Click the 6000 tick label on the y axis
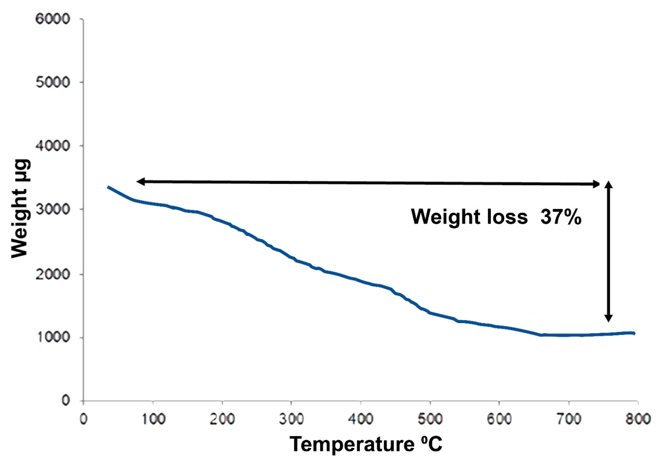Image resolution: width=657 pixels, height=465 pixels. [x=53, y=19]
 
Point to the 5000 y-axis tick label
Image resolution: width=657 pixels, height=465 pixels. [x=53, y=82]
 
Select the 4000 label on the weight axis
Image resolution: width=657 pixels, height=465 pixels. [x=53, y=146]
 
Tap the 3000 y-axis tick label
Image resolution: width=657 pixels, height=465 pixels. [x=53, y=209]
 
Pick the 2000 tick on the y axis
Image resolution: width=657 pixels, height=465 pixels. [x=53, y=274]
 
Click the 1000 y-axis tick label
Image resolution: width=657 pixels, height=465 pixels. [x=53, y=337]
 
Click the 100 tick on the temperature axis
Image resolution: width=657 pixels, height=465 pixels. [x=153, y=419]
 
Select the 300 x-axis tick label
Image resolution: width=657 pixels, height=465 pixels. [x=291, y=419]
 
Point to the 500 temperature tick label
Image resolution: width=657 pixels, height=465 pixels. [x=430, y=419]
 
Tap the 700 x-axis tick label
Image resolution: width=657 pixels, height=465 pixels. [x=569, y=419]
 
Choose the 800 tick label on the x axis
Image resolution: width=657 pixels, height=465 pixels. [x=638, y=419]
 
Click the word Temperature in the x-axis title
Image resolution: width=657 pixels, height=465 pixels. [x=352, y=444]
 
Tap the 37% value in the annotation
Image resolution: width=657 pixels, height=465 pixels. [x=560, y=217]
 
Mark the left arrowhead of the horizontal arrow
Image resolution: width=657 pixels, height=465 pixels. [x=139, y=181]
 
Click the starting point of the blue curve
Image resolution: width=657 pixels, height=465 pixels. [x=108, y=187]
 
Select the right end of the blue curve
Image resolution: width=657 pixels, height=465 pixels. [x=634, y=333]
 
